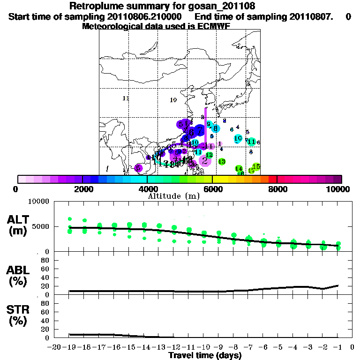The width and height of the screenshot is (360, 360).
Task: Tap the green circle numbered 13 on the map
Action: [x=222, y=161]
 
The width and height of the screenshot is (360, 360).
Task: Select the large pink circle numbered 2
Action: [x=205, y=160]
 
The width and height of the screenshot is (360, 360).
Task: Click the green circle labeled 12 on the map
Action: [x=209, y=155]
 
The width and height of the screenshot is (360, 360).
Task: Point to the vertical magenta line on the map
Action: [x=205, y=127]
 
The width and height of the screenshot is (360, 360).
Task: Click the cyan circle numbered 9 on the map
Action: [x=209, y=124]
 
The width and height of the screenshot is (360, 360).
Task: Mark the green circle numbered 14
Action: [x=239, y=168]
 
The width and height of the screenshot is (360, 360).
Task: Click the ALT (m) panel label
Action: [x=17, y=225]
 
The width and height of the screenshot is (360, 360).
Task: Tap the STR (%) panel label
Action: [x=17, y=315]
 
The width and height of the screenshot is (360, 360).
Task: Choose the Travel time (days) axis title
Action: [x=205, y=356]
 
